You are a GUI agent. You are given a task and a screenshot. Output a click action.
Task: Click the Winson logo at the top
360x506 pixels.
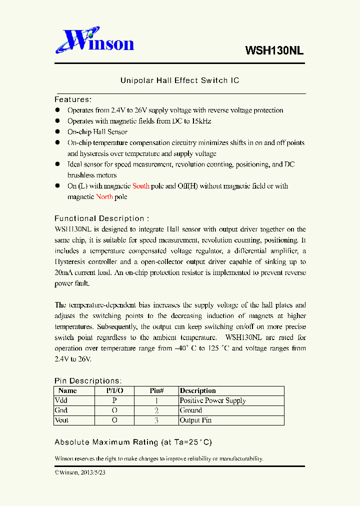tap(94, 41)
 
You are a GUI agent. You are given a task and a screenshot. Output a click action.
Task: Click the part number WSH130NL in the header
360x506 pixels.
tap(274, 50)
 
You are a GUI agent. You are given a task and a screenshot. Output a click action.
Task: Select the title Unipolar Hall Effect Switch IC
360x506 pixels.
tap(179, 80)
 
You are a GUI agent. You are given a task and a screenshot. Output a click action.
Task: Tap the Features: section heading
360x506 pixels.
tap(73, 99)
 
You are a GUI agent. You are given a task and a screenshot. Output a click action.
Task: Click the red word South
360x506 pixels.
tap(141, 186)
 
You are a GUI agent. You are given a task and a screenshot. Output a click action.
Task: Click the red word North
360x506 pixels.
tap(104, 197)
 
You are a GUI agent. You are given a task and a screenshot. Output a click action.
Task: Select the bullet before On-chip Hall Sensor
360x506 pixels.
tap(57, 132)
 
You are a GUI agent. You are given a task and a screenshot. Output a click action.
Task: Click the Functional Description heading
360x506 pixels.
tap(101, 218)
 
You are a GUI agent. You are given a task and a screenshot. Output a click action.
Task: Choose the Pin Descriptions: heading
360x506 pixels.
tap(87, 381)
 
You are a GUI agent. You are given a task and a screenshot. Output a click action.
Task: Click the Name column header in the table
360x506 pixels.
tap(67, 390)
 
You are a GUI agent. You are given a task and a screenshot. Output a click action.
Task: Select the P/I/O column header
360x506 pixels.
tap(114, 390)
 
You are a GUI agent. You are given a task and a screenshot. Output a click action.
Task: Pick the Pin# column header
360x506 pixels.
tap(156, 390)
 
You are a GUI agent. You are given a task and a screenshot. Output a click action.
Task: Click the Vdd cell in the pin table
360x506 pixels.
tap(61, 400)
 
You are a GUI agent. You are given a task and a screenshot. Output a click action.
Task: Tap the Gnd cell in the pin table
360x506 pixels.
tap(61, 410)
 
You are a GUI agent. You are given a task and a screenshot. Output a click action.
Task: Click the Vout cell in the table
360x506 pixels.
tap(62, 420)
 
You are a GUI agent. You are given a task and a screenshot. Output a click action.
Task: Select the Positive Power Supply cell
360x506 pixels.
tap(212, 400)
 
